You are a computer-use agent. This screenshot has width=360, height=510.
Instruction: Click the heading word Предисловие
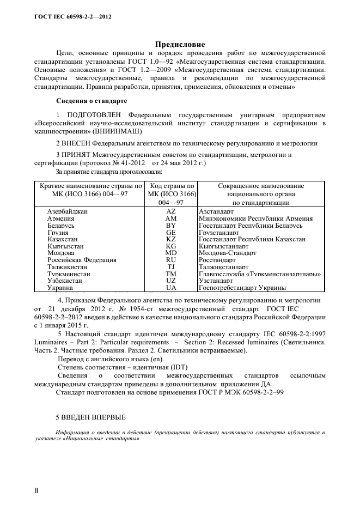point(180,44)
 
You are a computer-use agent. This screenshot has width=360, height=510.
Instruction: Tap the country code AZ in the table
point(171,211)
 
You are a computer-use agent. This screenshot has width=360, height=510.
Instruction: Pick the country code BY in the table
point(171,225)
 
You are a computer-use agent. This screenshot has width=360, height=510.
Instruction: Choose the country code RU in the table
point(171,260)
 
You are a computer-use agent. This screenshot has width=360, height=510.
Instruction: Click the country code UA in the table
point(171,288)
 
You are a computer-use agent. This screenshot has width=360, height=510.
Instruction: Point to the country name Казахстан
point(63,239)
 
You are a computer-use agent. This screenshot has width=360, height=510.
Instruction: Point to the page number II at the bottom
point(36,491)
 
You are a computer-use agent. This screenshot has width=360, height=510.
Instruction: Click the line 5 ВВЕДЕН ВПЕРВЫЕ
point(91,417)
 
